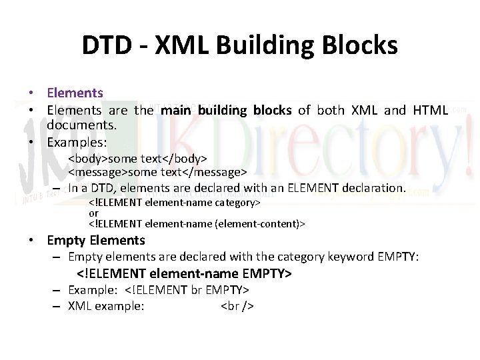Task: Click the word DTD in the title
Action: point(107,46)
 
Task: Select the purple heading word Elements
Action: point(75,93)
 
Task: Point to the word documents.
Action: point(82,125)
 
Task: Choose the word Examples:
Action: point(77,143)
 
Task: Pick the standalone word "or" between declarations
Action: point(94,213)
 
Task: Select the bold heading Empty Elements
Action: point(96,240)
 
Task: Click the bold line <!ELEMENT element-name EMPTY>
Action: point(185,274)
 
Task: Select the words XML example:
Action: point(107,306)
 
